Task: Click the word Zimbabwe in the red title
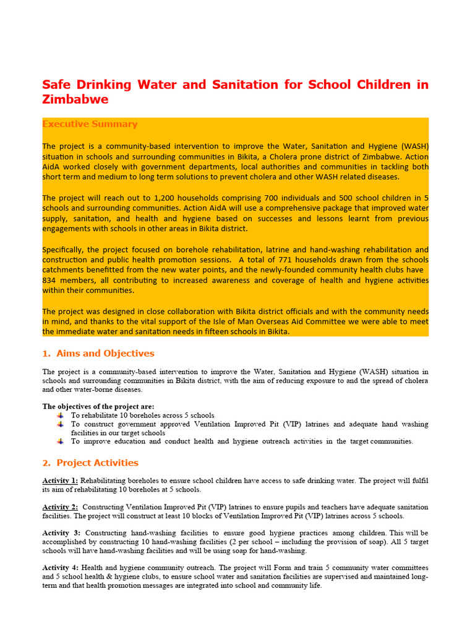(75, 100)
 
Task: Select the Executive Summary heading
(90, 124)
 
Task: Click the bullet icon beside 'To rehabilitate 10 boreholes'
(60, 415)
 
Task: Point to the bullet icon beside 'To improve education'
(60, 441)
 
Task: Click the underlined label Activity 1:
(60, 480)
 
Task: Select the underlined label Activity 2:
(60, 506)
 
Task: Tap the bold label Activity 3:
(61, 532)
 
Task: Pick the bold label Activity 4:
(61, 567)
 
